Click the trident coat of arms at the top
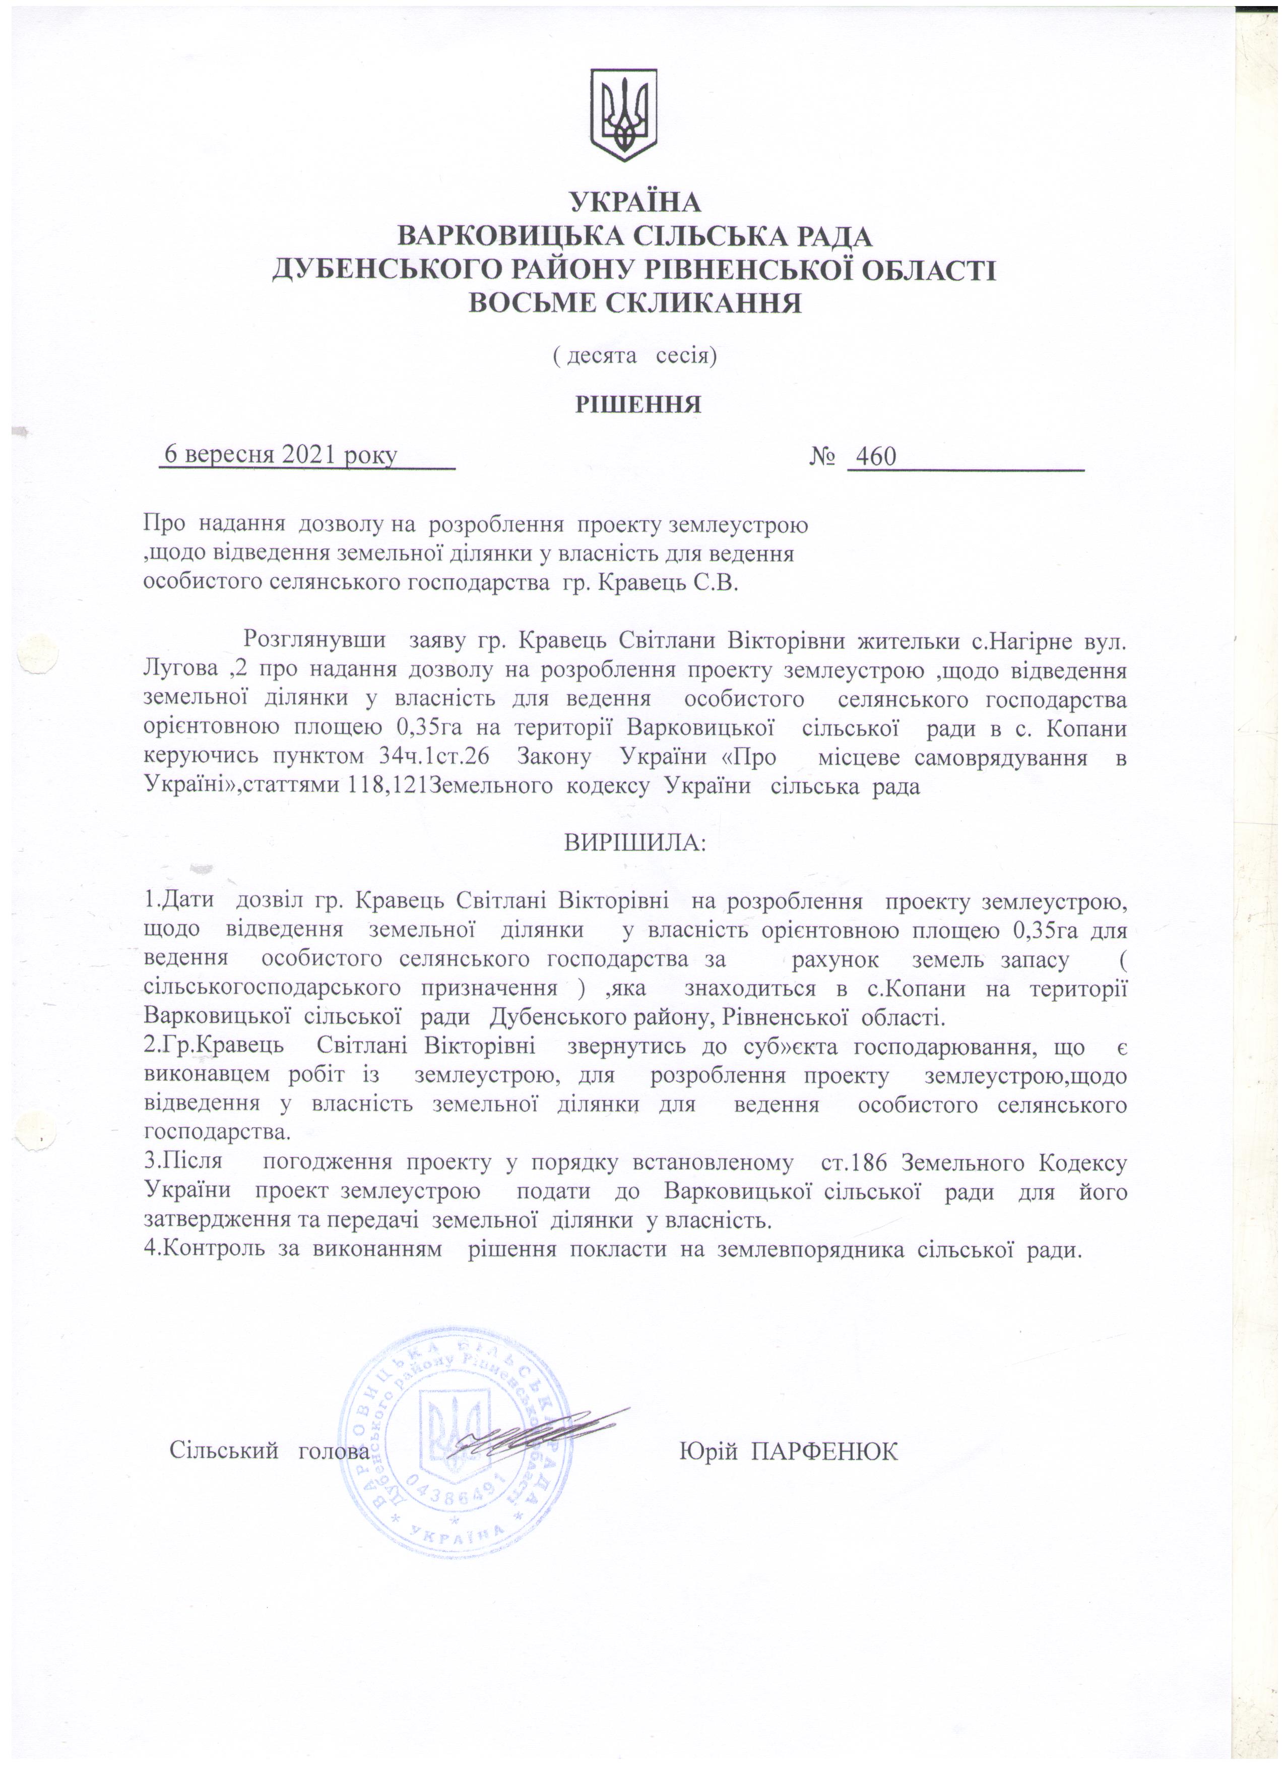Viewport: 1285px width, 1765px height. click(624, 115)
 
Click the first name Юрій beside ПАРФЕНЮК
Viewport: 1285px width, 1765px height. click(708, 1452)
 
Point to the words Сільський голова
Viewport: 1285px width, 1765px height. click(269, 1452)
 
